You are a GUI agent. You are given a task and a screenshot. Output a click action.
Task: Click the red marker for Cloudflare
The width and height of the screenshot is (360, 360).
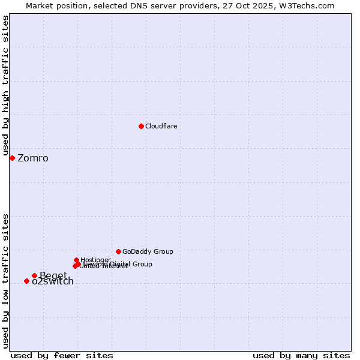tap(141, 126)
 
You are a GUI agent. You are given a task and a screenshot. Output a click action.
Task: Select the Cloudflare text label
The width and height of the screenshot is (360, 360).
tap(161, 126)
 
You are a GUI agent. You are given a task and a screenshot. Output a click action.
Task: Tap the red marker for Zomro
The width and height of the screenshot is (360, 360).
tap(12, 158)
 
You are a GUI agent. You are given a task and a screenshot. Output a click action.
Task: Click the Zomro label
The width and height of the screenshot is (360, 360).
tap(33, 158)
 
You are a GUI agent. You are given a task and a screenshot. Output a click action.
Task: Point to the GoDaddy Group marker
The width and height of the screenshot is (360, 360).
tap(118, 251)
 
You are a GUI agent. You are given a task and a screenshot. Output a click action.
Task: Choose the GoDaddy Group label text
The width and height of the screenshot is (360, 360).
tap(148, 251)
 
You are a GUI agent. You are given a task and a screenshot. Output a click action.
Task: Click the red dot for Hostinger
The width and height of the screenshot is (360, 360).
tap(76, 260)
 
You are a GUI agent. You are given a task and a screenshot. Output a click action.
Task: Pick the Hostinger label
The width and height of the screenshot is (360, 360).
tap(95, 260)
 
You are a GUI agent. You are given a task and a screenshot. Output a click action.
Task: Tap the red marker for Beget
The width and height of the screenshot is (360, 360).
tap(34, 275)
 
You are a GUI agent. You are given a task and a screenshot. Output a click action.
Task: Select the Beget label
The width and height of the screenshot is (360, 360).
tap(53, 276)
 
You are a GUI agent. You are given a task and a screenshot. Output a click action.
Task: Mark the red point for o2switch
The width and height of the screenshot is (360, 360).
tap(26, 281)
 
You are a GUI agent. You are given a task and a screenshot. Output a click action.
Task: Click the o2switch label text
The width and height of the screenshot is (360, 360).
tap(53, 281)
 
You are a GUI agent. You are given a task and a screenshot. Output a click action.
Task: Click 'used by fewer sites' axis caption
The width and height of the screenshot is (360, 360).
tap(62, 355)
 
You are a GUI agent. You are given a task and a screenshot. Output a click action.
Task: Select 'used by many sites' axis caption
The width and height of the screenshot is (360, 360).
tap(301, 355)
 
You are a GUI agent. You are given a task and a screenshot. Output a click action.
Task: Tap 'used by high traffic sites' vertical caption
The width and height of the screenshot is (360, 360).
tap(5, 86)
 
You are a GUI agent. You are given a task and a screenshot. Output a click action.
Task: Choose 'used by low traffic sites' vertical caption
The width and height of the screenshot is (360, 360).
tap(5, 280)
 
